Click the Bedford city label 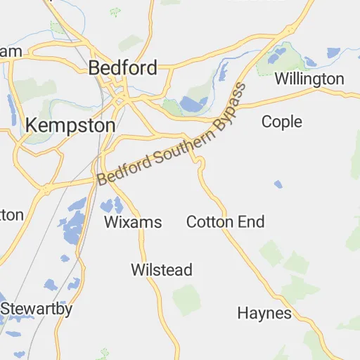point(122,68)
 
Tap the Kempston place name point(70,125)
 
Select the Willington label point(309,79)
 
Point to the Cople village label point(281,122)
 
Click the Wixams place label point(133,223)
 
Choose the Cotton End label point(225,222)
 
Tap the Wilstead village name point(161,270)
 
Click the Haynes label point(264,312)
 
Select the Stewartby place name point(37,308)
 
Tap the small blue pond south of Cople point(278,184)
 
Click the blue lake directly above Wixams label point(110,205)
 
